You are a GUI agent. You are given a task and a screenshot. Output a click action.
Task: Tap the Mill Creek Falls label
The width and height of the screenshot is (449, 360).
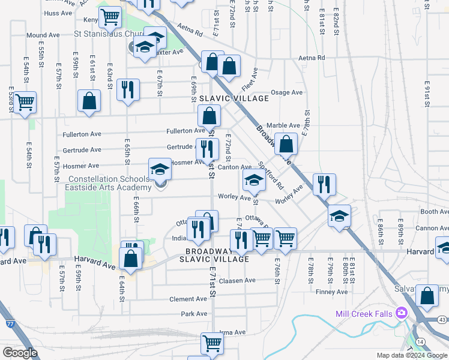coord(364,314)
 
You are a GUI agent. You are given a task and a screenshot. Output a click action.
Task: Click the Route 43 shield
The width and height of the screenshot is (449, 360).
coord(442,320)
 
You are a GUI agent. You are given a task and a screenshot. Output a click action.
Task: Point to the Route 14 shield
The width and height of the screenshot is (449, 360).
coord(421,341)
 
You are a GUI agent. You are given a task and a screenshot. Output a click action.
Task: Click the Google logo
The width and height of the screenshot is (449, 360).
coord(20,353)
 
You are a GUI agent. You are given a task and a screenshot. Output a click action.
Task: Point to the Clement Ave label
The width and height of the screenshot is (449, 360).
coord(188,299)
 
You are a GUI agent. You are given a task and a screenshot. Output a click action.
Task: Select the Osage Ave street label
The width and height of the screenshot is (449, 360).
coord(287,92)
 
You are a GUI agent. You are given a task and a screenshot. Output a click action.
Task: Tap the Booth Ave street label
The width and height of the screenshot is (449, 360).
coord(435,212)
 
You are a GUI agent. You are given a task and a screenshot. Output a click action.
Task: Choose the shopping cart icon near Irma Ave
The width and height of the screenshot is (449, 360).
coord(212,344)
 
